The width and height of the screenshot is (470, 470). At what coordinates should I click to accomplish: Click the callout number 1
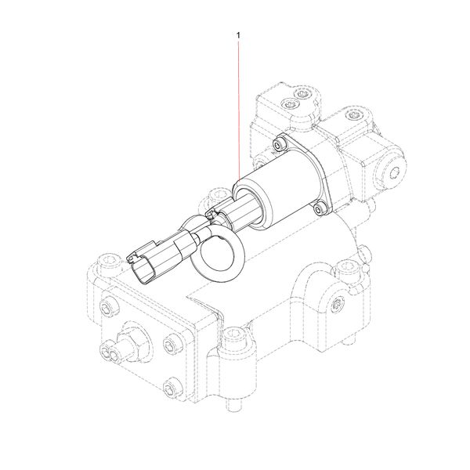point(238,34)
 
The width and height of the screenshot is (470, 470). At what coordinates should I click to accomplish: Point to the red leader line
point(238,110)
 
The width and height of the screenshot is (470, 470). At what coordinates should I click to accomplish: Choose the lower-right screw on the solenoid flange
point(318,208)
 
